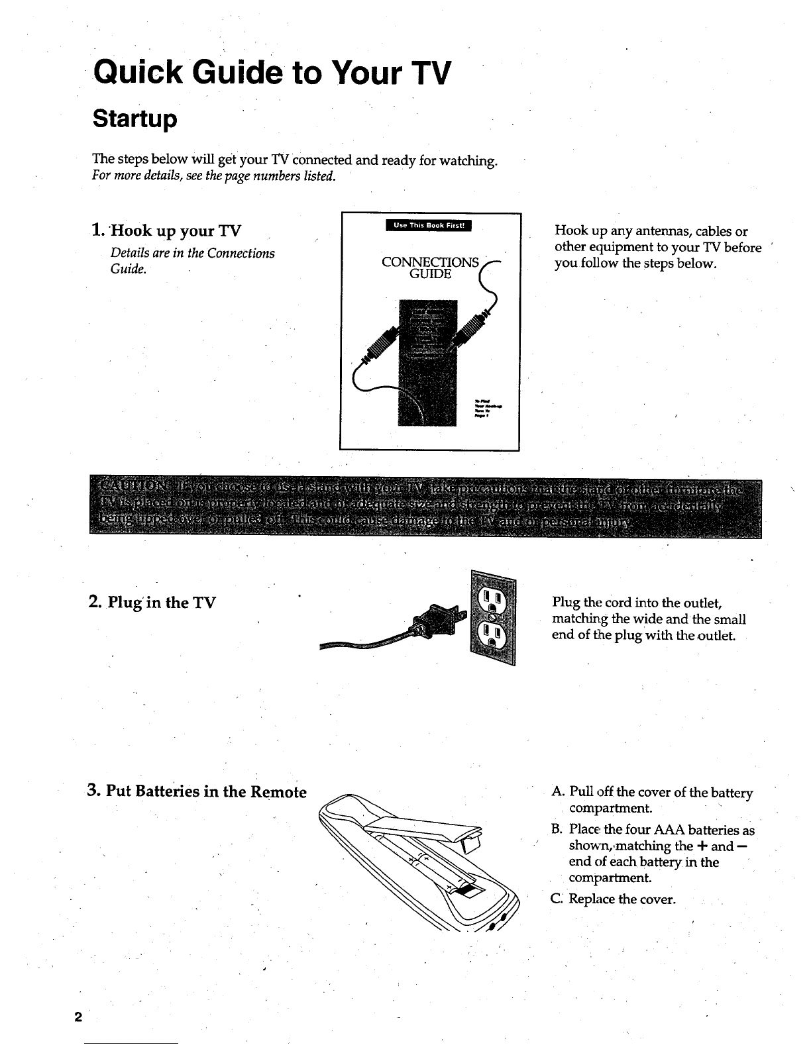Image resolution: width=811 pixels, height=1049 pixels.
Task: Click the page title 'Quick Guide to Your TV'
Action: [x=272, y=72]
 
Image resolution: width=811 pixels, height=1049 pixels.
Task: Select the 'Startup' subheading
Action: [x=135, y=119]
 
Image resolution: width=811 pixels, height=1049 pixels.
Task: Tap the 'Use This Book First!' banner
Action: [x=431, y=226]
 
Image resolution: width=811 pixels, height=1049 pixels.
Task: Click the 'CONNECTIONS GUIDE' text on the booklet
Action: [x=431, y=268]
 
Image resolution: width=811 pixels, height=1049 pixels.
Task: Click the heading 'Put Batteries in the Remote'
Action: [x=206, y=791]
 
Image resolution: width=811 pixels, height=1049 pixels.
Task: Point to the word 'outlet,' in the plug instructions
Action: [x=702, y=603]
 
